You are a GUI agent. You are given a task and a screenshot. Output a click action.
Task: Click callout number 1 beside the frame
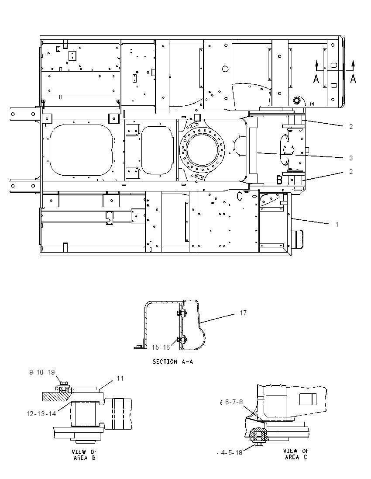coord(337,225)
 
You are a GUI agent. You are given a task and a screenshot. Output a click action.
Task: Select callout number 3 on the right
coord(351,158)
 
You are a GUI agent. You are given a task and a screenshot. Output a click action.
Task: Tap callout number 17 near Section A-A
coord(243,313)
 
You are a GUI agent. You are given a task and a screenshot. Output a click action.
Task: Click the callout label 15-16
coord(161,347)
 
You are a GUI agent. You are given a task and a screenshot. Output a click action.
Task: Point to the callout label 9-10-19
coord(42,372)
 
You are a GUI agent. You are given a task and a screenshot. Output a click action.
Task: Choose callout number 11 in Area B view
coord(120,378)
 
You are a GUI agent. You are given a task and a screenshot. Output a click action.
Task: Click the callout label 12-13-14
coord(41,413)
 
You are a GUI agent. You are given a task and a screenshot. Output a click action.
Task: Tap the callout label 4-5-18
coord(232,452)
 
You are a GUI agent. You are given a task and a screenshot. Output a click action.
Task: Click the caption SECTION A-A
coord(173,362)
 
